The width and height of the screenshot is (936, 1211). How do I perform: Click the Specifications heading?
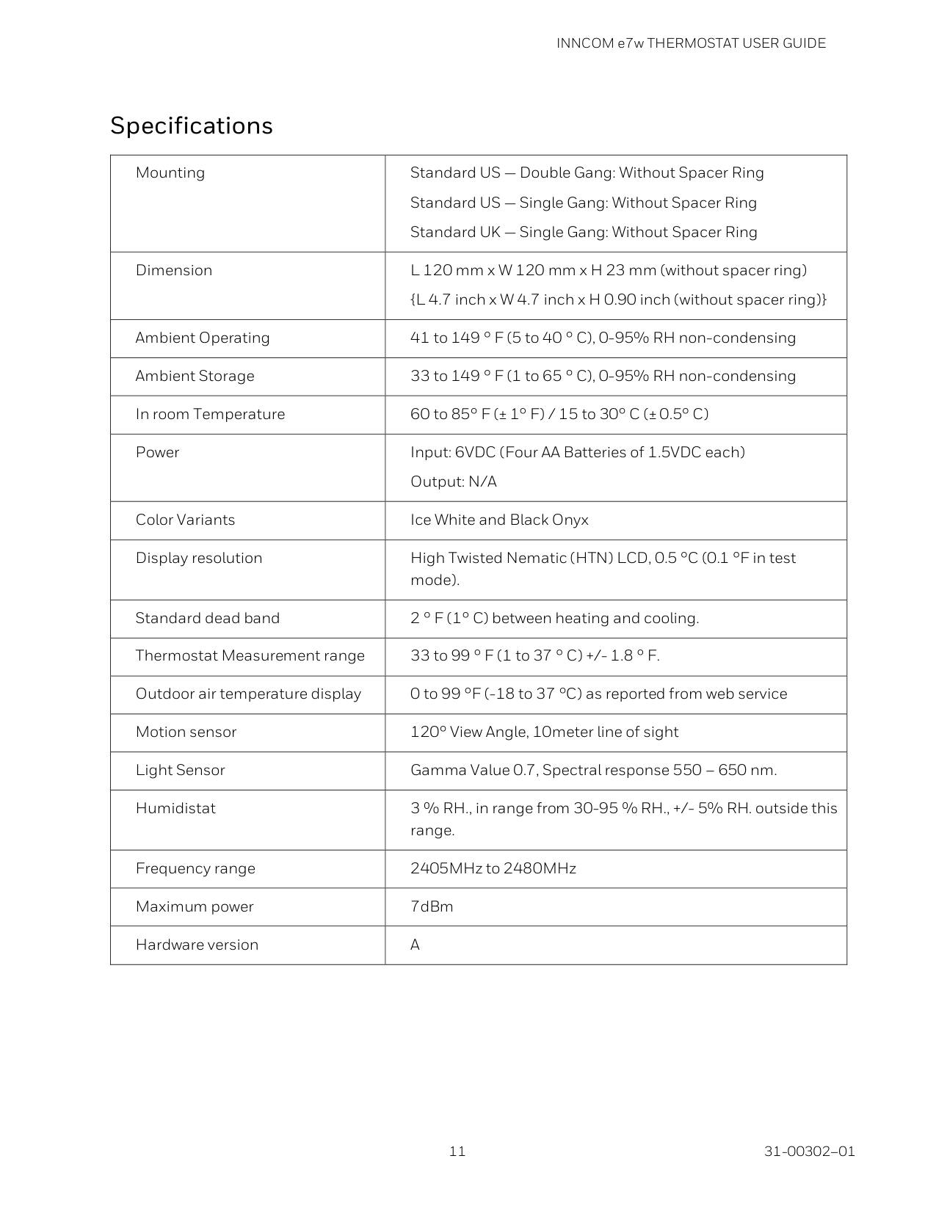(191, 126)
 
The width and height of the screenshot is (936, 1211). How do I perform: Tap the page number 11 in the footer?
(457, 1151)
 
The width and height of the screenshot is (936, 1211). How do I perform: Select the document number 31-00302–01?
(809, 1151)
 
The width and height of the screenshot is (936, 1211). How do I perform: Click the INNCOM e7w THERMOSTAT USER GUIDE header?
(691, 43)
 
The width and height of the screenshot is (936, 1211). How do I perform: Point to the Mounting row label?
(170, 172)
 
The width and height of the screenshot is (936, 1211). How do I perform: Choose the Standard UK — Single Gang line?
(583, 232)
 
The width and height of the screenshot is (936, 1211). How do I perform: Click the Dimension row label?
(174, 270)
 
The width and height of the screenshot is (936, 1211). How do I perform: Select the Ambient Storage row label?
(195, 376)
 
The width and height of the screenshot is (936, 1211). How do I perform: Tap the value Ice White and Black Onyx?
(499, 520)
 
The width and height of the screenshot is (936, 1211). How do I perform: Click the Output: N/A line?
(453, 481)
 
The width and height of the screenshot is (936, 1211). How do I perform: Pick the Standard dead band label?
(208, 618)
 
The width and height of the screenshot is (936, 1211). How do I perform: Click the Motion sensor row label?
(186, 732)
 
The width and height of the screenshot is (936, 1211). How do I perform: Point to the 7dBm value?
(432, 906)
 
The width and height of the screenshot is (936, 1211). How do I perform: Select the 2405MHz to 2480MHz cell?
(493, 868)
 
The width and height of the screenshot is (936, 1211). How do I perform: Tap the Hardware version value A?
(415, 945)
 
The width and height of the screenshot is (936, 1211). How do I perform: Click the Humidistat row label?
(175, 808)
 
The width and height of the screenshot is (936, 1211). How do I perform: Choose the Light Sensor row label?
(180, 770)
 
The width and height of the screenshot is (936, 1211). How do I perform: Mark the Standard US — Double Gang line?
(587, 172)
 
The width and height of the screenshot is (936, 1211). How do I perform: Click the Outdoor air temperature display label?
(248, 694)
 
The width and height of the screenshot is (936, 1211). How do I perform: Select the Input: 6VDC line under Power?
(577, 452)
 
